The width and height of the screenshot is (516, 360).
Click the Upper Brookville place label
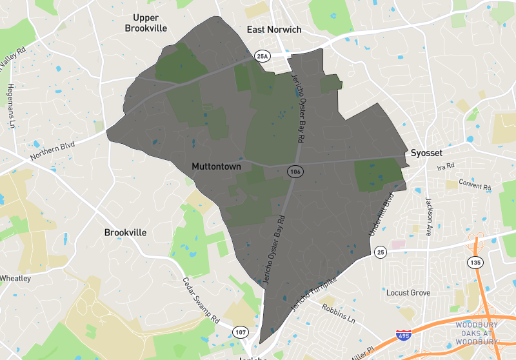(145, 23)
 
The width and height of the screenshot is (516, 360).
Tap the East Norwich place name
(274, 30)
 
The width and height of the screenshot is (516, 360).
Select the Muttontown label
(216, 166)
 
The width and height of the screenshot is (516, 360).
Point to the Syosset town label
(427, 154)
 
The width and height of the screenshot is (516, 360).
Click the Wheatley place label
(15, 279)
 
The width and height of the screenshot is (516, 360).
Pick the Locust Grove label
(408, 293)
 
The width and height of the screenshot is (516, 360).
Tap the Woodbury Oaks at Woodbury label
(477, 333)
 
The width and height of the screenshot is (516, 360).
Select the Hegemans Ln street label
(11, 106)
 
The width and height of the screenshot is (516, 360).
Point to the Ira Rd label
(446, 167)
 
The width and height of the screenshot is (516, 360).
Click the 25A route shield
(261, 56)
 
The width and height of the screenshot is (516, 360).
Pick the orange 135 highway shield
(475, 263)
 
